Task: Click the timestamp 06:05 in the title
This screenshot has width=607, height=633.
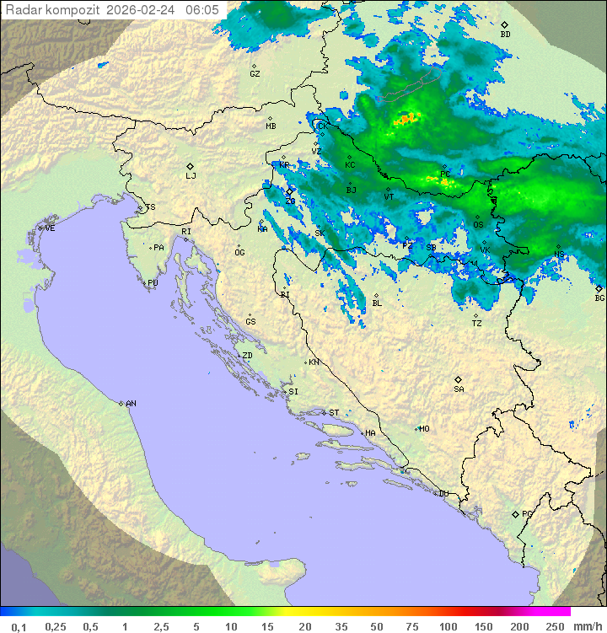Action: [202, 10]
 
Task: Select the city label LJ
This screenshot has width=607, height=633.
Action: [191, 175]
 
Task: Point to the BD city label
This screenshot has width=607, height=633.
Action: [505, 35]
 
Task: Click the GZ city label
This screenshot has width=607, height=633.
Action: [255, 73]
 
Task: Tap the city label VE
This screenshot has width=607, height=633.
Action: [50, 228]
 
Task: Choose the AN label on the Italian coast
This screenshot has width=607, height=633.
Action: [131, 404]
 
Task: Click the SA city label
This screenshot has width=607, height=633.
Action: [459, 389]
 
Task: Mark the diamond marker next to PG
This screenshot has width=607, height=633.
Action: [515, 513]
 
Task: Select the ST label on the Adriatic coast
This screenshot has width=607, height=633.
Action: [334, 412]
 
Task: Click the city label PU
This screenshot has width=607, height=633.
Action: [153, 283]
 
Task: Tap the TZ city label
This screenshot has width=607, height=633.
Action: [477, 323]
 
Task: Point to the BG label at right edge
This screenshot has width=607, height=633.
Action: [599, 298]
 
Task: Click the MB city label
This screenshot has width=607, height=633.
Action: [271, 126]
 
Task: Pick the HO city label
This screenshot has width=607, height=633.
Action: [424, 428]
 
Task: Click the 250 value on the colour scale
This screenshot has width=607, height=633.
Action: [555, 626]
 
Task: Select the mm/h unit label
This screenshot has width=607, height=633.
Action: [588, 626]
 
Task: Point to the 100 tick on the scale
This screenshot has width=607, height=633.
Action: [448, 626]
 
